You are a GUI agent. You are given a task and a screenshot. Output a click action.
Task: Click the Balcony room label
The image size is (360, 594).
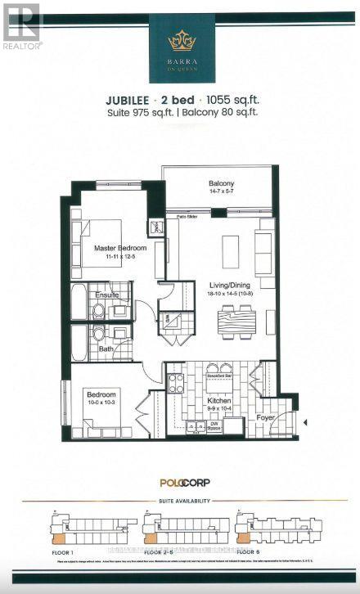[x=220, y=184]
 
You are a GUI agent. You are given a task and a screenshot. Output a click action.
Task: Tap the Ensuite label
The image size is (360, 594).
[x=108, y=295]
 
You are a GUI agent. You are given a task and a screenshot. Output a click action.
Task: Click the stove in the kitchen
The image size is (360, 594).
[x=175, y=382]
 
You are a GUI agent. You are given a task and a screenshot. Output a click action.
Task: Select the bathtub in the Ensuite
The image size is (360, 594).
[x=79, y=302]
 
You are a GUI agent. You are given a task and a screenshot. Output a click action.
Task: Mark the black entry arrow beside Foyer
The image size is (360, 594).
[x=304, y=422]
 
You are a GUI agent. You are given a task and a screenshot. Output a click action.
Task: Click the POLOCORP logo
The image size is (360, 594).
[x=180, y=483]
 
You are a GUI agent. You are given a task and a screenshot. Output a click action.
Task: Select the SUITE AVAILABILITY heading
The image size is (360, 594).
[x=180, y=500]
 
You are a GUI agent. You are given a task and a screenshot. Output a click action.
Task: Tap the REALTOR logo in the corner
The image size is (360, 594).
[x=21, y=25]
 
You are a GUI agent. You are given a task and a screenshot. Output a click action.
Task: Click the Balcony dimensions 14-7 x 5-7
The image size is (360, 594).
[x=220, y=193]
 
